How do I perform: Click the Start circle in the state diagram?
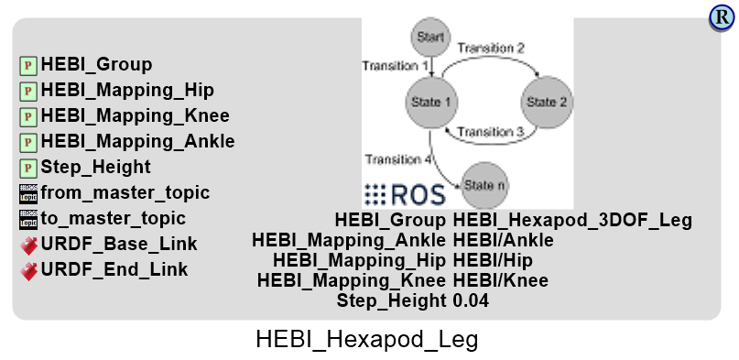point(430,38)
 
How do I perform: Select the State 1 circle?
point(430,102)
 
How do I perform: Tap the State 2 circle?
point(547,102)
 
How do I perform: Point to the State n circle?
point(485,185)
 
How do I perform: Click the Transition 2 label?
point(491,47)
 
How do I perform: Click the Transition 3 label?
point(490,133)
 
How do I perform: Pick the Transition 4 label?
point(397,159)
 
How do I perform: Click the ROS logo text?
point(405,194)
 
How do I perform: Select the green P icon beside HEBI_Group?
point(28,65)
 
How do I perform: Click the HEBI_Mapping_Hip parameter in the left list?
point(127,90)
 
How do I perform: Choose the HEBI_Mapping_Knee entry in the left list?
point(135,115)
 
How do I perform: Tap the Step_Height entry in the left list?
point(95,167)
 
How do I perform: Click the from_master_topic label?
point(125,192)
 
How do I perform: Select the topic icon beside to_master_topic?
point(28,219)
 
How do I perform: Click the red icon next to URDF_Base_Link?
point(28,245)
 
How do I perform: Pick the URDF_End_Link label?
point(114,269)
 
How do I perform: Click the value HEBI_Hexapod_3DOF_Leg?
point(572,220)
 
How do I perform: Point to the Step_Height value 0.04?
point(471,300)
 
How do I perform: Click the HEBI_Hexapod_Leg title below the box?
point(366,340)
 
